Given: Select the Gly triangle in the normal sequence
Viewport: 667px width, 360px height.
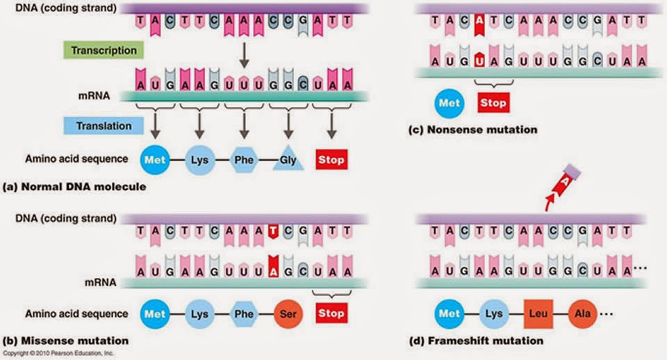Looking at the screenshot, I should [x=288, y=159].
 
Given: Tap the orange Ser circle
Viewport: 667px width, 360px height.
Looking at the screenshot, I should [x=288, y=313].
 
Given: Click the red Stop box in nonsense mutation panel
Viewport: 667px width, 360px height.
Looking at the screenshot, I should [x=492, y=104].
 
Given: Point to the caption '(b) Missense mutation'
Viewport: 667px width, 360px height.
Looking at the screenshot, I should [x=65, y=341].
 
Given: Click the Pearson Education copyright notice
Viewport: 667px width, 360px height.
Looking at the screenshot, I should [x=60, y=354].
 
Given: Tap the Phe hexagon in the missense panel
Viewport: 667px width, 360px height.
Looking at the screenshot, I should [x=244, y=313].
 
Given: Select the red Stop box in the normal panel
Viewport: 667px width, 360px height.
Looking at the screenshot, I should [x=331, y=159].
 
